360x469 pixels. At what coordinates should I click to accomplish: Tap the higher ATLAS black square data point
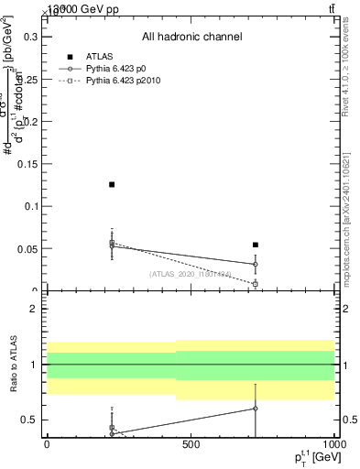click(112, 185)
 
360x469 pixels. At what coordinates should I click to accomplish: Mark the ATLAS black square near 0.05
click(256, 245)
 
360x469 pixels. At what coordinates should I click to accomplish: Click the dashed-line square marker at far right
click(256, 284)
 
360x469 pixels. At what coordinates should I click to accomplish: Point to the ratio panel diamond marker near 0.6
click(256, 409)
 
